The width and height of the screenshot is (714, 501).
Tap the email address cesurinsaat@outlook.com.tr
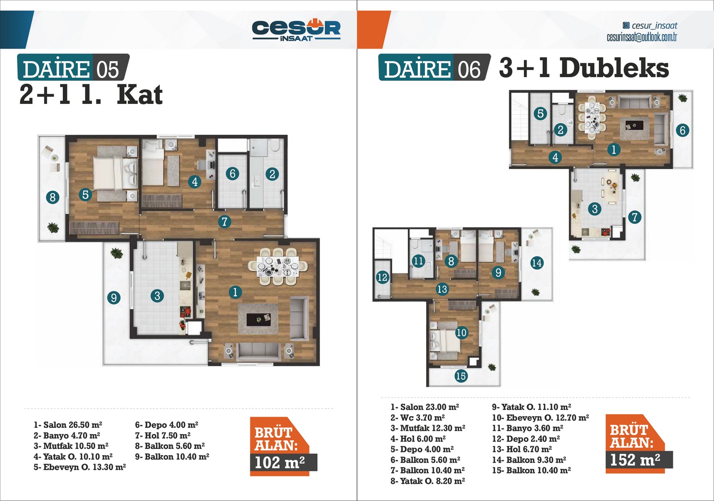click(642, 37)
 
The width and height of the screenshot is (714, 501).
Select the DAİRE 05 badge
click(73, 67)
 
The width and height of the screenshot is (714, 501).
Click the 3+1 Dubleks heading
click(584, 67)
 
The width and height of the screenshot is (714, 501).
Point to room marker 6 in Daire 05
click(232, 174)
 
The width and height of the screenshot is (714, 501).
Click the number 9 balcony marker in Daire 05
click(114, 298)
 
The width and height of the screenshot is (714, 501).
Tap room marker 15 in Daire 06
click(461, 376)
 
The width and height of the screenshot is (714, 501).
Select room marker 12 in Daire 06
click(382, 277)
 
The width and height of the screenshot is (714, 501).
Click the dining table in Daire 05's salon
click(278, 266)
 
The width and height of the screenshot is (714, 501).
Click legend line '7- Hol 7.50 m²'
click(162, 435)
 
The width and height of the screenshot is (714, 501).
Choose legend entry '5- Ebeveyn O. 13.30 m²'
click(80, 467)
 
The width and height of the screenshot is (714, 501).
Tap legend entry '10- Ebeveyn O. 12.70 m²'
click(540, 418)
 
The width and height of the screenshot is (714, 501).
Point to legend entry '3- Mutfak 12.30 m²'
click(428, 428)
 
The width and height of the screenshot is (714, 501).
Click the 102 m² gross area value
click(279, 463)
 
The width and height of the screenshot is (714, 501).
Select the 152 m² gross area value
click(635, 460)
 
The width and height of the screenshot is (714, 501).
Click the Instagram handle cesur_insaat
click(650, 25)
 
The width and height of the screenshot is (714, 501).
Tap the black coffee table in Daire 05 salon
click(258, 319)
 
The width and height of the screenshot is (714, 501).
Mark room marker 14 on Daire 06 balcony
click(537, 263)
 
